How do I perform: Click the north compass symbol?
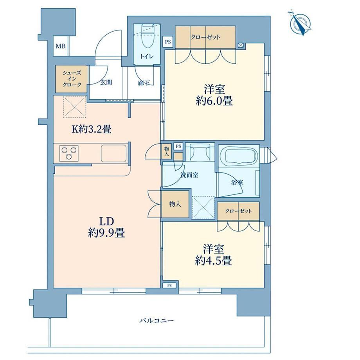tap(300, 23)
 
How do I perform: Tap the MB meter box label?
tap(61, 46)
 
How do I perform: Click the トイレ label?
tap(147, 56)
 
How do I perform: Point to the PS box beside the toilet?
tap(168, 42)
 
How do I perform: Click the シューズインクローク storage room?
tap(71, 79)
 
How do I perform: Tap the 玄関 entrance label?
tap(106, 82)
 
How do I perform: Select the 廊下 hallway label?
tap(144, 83)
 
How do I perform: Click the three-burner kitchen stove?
tap(69, 153)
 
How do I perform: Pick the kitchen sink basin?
tap(113, 153)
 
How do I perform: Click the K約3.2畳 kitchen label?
tap(92, 130)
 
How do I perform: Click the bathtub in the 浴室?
tap(241, 156)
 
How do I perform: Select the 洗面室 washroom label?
tap(189, 175)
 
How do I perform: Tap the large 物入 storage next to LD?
tap(175, 204)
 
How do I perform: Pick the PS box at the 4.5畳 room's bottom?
tap(169, 285)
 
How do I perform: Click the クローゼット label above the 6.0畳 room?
tap(205, 37)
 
